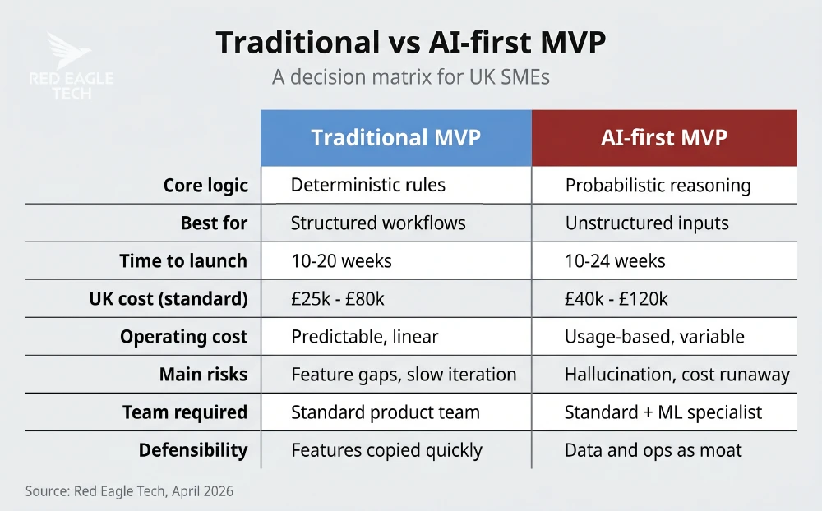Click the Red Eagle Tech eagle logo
point(69,52)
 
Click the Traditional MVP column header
point(395,137)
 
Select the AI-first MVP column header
point(664,137)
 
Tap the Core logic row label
point(205,185)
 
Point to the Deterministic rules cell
point(368,185)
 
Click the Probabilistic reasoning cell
point(658,185)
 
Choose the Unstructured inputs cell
point(646,223)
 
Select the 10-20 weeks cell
point(341,261)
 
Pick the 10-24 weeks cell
point(615,261)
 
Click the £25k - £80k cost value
point(338,299)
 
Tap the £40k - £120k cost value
point(616,299)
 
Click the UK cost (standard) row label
point(168,299)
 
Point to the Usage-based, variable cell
point(654,337)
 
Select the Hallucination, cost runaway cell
point(677,375)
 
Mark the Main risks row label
point(203,375)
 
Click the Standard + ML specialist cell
point(663,412)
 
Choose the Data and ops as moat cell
point(653,450)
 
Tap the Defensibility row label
point(192,450)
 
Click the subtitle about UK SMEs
point(410,79)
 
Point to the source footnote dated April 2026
point(129,491)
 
